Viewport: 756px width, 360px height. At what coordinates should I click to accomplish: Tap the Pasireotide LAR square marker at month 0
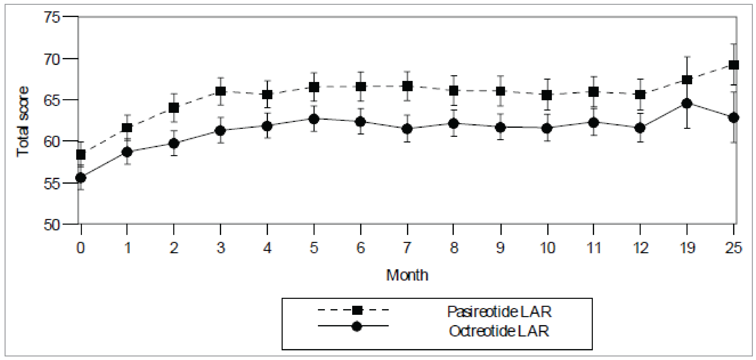(x=81, y=154)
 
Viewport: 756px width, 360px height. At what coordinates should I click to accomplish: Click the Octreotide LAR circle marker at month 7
(x=407, y=129)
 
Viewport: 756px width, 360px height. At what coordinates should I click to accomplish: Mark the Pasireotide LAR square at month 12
(x=640, y=95)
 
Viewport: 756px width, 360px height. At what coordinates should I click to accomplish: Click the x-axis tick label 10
(x=547, y=248)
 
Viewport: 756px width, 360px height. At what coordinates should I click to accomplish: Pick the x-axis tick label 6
(x=360, y=248)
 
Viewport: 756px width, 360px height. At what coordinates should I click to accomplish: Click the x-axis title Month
(x=407, y=275)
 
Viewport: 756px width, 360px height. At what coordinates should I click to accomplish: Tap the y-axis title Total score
(x=23, y=122)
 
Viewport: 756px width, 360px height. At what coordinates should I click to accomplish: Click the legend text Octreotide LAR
(x=499, y=331)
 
